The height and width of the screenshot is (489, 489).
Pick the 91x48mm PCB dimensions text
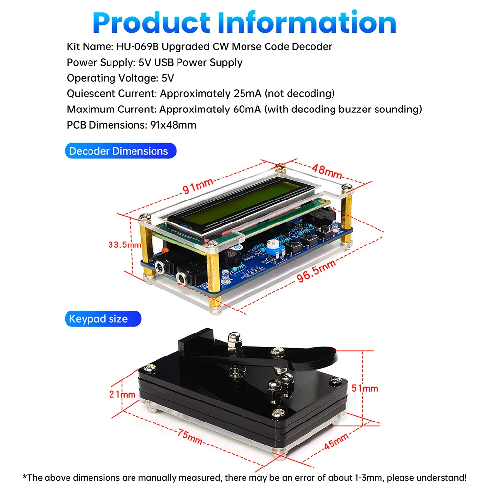point(171,125)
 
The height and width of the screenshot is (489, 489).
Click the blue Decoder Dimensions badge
point(119,151)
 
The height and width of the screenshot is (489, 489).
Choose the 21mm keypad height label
point(122,394)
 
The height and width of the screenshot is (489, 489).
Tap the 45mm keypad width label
point(337,442)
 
